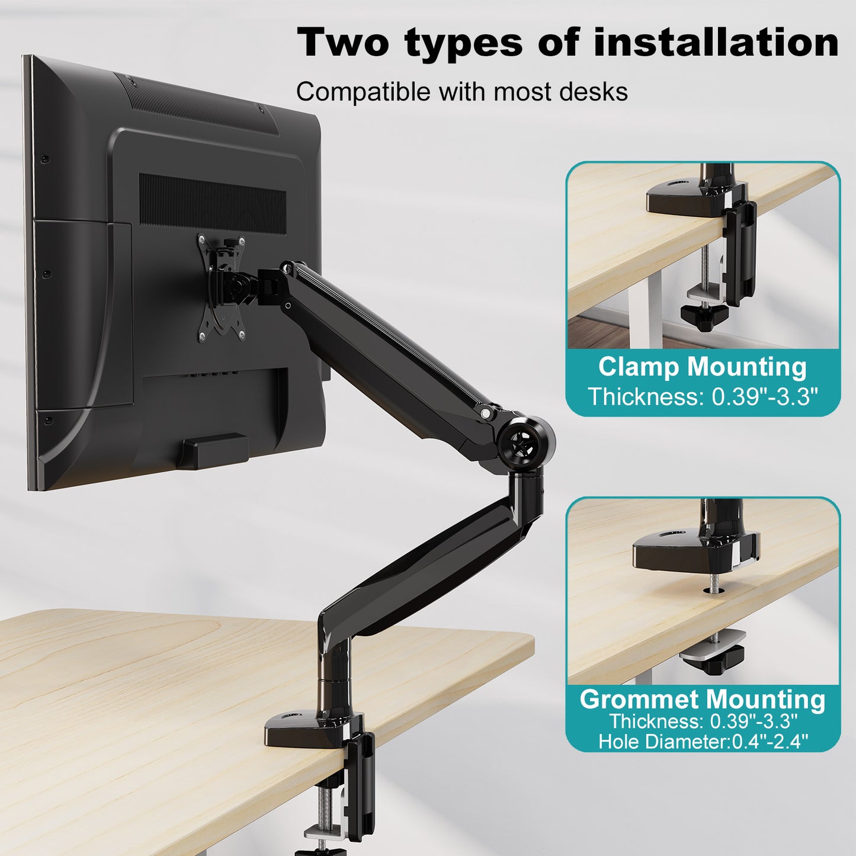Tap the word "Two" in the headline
[x=342, y=42]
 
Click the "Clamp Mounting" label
[x=703, y=367]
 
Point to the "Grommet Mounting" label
[x=703, y=700]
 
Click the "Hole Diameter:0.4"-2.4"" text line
[x=703, y=742]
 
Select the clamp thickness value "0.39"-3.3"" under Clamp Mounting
[x=765, y=396]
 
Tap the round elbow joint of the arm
[x=526, y=440]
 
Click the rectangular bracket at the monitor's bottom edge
[x=213, y=450]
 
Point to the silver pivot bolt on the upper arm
[x=485, y=413]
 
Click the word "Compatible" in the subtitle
[x=363, y=92]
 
